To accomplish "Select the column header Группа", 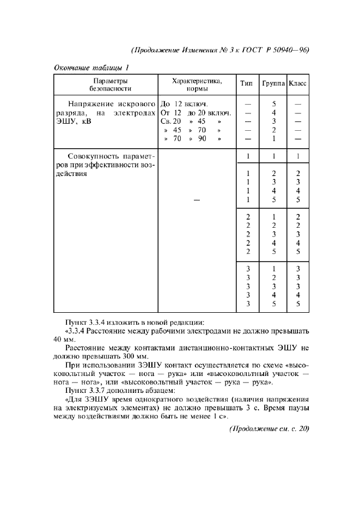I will tap(273, 84).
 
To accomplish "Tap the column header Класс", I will tap(297, 84).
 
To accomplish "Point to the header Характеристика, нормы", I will tap(197, 84).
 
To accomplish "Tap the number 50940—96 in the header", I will tap(292, 50).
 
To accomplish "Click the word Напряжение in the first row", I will tap(90, 104).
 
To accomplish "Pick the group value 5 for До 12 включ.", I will tap(274, 104).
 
